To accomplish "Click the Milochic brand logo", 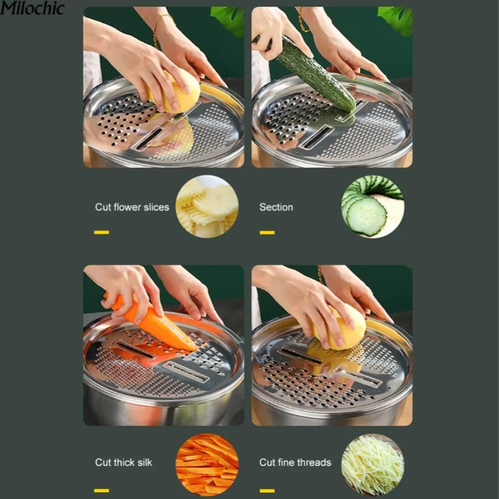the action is (32, 8).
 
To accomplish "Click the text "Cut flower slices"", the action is (132, 207).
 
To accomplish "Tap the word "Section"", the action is (276, 207).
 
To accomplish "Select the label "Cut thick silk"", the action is (124, 463).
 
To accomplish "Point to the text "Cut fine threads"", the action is (295, 463).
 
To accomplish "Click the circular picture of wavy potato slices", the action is (207, 206).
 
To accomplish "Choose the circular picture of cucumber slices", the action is (373, 206).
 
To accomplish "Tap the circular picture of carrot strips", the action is (207, 465).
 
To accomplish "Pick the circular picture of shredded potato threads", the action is (373, 465).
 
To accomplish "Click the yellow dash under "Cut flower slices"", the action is (101, 232).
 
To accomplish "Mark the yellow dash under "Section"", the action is (267, 233).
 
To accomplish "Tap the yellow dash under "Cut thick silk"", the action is (101, 490).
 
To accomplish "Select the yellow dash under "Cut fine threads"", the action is (267, 490).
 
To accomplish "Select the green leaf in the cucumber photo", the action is (395, 19).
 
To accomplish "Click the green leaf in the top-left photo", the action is (228, 20).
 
